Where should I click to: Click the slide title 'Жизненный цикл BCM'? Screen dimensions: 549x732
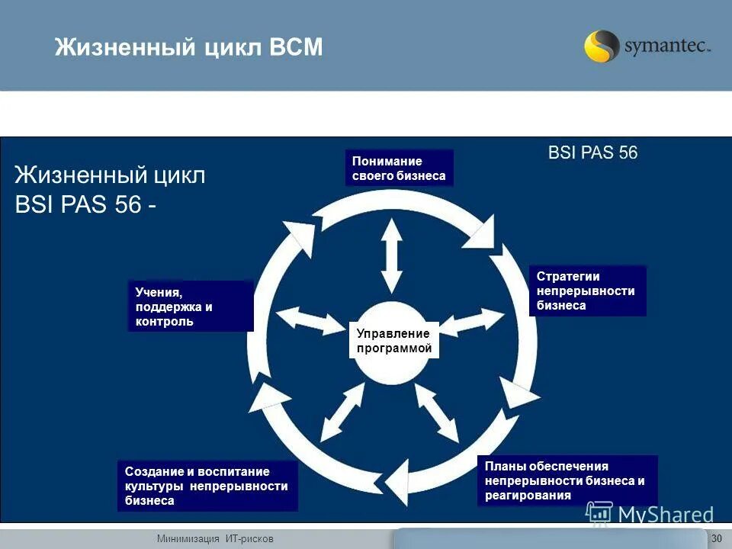(x=188, y=48)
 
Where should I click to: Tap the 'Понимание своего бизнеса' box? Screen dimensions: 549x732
(x=399, y=169)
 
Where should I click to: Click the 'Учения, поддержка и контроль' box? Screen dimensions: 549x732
(x=189, y=307)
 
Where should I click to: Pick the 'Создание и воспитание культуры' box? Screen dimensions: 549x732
(x=207, y=486)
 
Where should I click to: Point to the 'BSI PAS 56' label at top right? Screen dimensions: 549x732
(x=592, y=152)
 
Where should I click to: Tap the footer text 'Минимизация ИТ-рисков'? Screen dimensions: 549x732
(x=215, y=539)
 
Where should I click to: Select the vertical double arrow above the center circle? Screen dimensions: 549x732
(x=392, y=255)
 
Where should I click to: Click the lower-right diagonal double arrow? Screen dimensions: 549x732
(x=436, y=413)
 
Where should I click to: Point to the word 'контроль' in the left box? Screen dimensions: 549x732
(x=164, y=322)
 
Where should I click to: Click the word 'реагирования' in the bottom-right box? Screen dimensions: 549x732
(x=527, y=496)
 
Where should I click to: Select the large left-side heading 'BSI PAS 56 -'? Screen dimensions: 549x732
(x=88, y=206)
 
